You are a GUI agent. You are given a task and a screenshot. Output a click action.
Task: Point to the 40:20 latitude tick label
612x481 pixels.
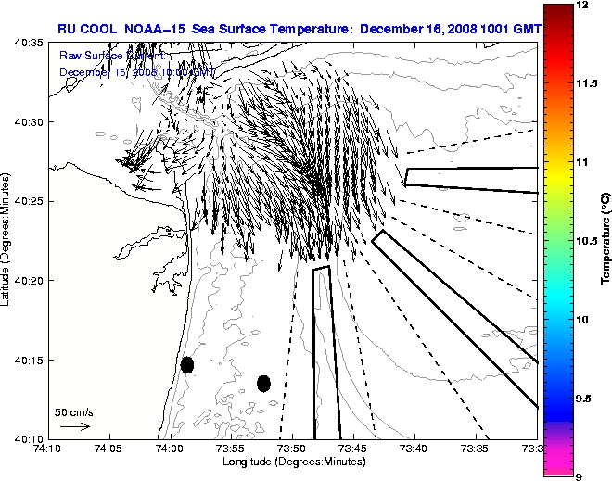pos(28,281)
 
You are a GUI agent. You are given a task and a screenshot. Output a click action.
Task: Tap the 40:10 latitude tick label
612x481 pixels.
pos(28,438)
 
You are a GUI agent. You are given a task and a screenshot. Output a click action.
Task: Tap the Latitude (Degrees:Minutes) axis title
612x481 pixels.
pos(7,241)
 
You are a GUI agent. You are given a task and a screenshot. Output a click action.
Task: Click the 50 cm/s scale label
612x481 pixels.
pos(74,411)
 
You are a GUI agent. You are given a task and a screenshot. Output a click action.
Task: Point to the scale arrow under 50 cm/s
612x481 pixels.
pos(74,426)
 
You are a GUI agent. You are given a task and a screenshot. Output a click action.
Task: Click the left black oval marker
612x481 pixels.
pos(186,364)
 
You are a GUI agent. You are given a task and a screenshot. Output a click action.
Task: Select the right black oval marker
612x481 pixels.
pos(263,383)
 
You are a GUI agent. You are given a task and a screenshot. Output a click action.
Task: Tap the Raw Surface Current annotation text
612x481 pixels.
pos(136,57)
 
